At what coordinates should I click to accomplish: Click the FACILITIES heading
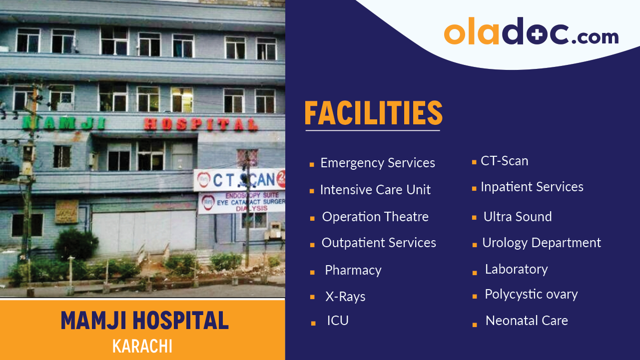pyautogui.click(x=373, y=114)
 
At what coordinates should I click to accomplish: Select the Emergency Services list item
pyautogui.click(x=377, y=163)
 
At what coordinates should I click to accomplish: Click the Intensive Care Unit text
pyautogui.click(x=375, y=190)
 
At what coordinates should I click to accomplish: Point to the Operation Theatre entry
pyautogui.click(x=375, y=217)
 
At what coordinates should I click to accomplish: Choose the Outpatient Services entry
pyautogui.click(x=379, y=243)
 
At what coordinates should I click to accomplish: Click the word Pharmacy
pyautogui.click(x=353, y=271)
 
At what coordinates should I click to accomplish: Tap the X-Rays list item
pyautogui.click(x=345, y=297)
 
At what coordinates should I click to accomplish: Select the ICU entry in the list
pyautogui.click(x=338, y=321)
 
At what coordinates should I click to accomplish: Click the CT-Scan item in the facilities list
pyautogui.click(x=504, y=161)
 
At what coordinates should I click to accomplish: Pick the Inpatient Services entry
pyautogui.click(x=532, y=187)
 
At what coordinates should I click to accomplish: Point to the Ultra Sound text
pyautogui.click(x=518, y=217)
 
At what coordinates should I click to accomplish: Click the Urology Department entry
pyautogui.click(x=541, y=243)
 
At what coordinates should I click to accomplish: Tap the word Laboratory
pyautogui.click(x=516, y=269)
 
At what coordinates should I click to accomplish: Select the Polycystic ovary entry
pyautogui.click(x=531, y=295)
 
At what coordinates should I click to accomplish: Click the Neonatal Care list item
pyautogui.click(x=527, y=321)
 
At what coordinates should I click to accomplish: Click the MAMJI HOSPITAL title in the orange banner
pyautogui.click(x=144, y=321)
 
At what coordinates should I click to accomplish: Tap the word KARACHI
pyautogui.click(x=142, y=347)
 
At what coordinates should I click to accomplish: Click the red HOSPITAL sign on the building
pyautogui.click(x=201, y=124)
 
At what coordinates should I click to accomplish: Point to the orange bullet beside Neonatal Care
pyautogui.click(x=474, y=325)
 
